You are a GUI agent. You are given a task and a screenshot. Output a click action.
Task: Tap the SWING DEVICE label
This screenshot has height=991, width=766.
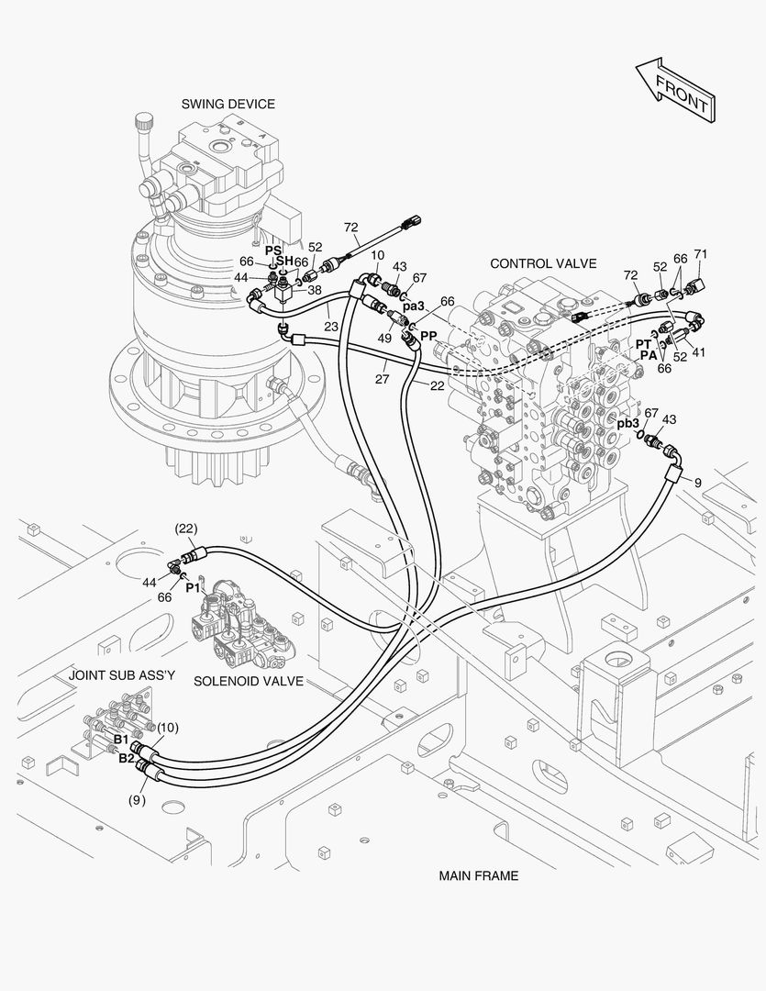click(x=228, y=105)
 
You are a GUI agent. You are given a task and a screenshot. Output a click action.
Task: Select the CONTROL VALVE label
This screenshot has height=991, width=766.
click(x=543, y=263)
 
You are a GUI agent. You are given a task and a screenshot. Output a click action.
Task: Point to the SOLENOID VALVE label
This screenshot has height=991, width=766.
click(x=249, y=681)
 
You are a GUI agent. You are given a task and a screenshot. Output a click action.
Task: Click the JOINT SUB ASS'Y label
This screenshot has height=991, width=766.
click(x=122, y=675)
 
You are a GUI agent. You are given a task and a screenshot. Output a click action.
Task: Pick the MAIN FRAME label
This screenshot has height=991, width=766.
click(x=479, y=876)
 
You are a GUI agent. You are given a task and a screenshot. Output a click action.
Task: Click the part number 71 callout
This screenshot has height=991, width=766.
click(x=700, y=254)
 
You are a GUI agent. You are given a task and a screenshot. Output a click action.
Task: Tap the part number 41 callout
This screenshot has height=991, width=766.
click(x=698, y=352)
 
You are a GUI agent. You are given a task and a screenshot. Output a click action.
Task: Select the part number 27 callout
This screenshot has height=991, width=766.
click(x=382, y=379)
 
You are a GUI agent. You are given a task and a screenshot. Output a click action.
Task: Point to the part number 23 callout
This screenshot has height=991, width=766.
click(x=331, y=327)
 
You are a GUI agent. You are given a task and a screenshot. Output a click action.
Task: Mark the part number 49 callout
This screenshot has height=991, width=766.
click(x=384, y=338)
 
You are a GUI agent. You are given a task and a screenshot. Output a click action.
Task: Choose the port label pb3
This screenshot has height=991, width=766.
click(x=628, y=424)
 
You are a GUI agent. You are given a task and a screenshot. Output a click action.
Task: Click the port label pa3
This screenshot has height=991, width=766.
click(x=414, y=306)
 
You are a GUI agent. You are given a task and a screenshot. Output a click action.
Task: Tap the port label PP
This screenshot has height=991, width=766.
click(x=428, y=336)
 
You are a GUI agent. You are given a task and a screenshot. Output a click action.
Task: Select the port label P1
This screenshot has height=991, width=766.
click(x=193, y=588)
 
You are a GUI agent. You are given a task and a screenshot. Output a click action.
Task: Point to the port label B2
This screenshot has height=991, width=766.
click(x=127, y=759)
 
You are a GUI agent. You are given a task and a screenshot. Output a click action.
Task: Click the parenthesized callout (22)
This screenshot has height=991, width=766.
click(x=186, y=529)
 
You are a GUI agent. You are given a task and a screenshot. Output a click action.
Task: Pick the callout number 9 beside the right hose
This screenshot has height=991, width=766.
click(x=698, y=483)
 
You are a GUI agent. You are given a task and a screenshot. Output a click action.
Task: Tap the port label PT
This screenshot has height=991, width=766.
click(x=643, y=344)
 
